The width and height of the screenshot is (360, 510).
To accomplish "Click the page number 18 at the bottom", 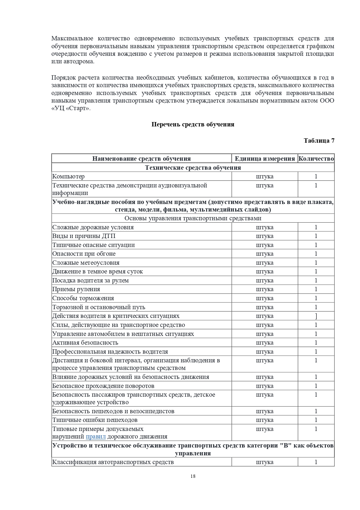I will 193,476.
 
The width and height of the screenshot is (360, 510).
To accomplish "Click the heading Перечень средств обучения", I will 193,124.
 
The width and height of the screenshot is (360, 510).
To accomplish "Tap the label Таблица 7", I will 319,141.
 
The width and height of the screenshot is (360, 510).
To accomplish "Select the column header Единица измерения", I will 264,159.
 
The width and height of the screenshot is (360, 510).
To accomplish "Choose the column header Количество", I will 316,159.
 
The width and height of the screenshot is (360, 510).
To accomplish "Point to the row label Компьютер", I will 69,176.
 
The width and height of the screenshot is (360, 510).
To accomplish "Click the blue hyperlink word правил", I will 96,436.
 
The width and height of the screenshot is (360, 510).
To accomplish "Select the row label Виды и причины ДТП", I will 84,236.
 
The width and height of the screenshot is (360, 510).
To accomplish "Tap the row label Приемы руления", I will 76,289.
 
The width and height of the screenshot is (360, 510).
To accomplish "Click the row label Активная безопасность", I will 85,343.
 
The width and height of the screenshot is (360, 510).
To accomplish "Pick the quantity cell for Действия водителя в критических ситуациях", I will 316,316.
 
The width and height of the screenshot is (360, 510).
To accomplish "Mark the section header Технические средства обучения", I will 193,168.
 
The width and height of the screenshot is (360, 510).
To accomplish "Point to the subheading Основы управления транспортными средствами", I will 193,218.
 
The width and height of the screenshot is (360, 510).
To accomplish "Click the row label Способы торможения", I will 83,298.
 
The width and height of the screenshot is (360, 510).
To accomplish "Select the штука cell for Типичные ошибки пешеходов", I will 264,420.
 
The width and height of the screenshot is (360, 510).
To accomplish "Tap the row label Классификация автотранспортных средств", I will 113,462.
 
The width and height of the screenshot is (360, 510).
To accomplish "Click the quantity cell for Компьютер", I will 316,176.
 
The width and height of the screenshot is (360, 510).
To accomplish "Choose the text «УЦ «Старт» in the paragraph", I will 71,108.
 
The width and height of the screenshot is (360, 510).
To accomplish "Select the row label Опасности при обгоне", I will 84,254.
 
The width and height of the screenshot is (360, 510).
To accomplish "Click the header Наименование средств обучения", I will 141,159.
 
